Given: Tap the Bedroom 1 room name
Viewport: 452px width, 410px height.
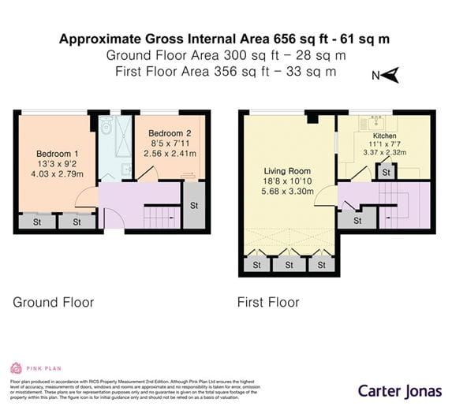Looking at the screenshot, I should (x=57, y=153).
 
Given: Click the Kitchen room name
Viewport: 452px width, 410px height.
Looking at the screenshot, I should (x=384, y=136).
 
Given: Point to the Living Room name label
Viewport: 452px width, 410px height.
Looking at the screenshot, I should (x=286, y=170).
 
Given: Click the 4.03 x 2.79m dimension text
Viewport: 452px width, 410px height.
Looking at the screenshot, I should (x=57, y=173).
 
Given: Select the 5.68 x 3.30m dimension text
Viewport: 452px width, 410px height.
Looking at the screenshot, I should (x=286, y=191).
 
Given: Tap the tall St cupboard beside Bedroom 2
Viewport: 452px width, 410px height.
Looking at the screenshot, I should (x=194, y=206).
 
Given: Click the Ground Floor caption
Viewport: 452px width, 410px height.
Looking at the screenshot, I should (x=53, y=302).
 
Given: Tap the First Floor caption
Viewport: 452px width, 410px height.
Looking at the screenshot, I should (x=268, y=302).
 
